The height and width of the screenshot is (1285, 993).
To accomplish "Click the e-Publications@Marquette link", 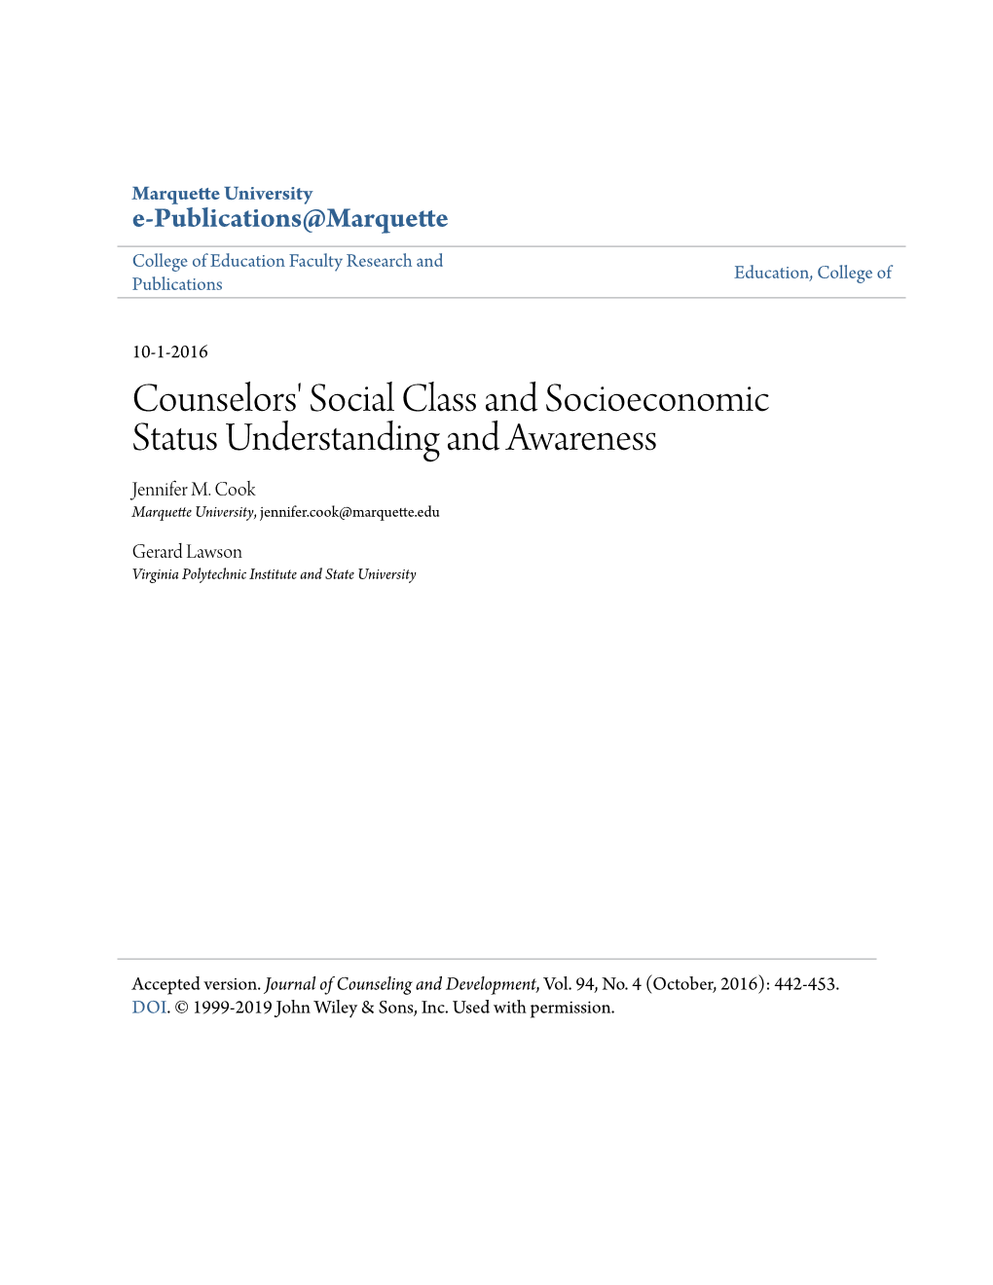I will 290,219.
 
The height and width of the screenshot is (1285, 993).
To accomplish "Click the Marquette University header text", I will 222,194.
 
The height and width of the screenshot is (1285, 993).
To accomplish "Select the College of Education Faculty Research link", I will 287,261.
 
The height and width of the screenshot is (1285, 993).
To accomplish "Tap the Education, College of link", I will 813,273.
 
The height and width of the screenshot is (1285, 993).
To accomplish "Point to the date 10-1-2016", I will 170,352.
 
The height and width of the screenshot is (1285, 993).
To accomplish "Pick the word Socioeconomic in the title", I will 657,399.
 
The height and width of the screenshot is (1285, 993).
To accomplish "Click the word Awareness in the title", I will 581,439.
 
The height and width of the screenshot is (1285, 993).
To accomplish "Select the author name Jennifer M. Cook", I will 194,490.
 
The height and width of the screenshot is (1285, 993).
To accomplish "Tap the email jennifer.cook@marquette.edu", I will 349,512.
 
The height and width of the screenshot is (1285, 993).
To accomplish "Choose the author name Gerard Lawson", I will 187,552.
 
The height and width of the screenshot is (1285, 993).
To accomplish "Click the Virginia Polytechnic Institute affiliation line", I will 274,574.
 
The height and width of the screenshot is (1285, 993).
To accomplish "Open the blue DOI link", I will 149,1008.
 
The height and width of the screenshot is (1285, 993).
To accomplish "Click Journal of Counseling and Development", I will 400,984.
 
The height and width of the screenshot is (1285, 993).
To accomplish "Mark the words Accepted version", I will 196,984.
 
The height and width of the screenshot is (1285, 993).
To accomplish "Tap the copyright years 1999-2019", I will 232,1008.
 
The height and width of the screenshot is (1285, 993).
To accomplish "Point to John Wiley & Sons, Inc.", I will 362,1008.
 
